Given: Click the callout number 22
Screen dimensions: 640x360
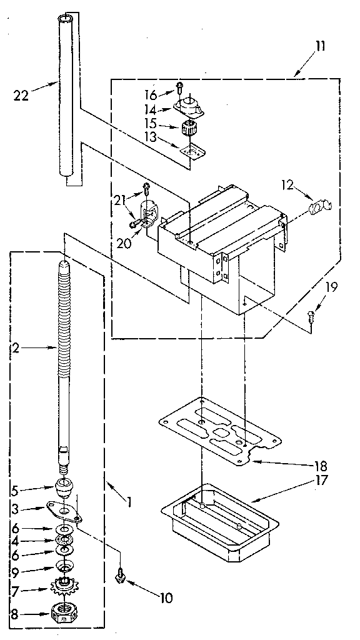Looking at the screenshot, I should (x=20, y=95).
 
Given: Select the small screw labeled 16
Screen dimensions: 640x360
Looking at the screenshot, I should (x=180, y=86).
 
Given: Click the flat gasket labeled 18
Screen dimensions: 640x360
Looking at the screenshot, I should (x=219, y=431).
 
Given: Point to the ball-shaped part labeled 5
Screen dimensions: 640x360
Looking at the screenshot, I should (x=64, y=486).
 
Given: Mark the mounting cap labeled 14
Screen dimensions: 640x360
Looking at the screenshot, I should (x=188, y=107).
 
